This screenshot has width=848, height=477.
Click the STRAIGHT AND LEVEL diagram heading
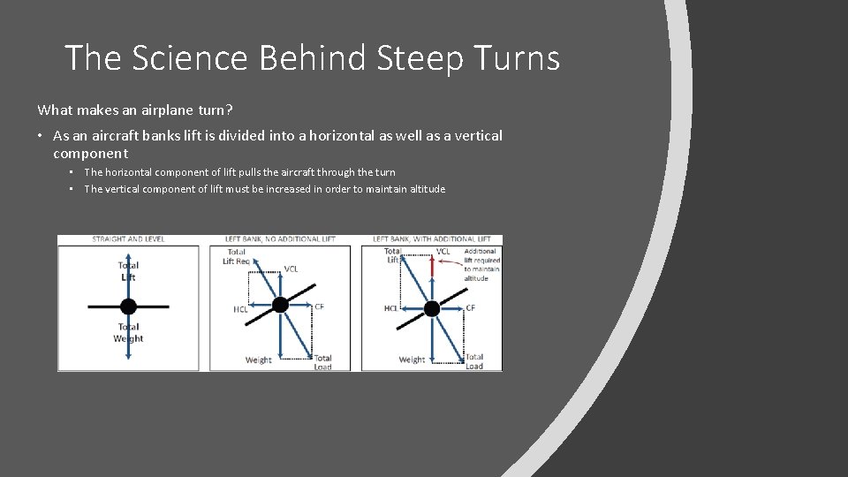(x=128, y=239)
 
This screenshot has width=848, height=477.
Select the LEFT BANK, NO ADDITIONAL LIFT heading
(x=279, y=239)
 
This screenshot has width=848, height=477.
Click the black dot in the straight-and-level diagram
(x=128, y=307)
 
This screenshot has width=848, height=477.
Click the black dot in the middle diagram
(x=280, y=305)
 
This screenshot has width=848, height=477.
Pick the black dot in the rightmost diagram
(x=432, y=308)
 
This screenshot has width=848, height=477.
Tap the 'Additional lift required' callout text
(x=481, y=260)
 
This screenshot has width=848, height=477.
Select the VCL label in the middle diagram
(x=291, y=269)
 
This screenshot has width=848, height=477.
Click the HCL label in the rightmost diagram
(x=390, y=308)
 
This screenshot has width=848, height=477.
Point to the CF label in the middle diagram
(x=320, y=307)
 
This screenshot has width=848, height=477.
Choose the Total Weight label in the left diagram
(x=128, y=333)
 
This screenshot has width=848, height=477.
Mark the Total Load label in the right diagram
(x=474, y=361)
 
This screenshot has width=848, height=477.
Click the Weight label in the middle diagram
(x=259, y=360)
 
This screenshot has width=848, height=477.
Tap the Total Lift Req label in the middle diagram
(x=237, y=257)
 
